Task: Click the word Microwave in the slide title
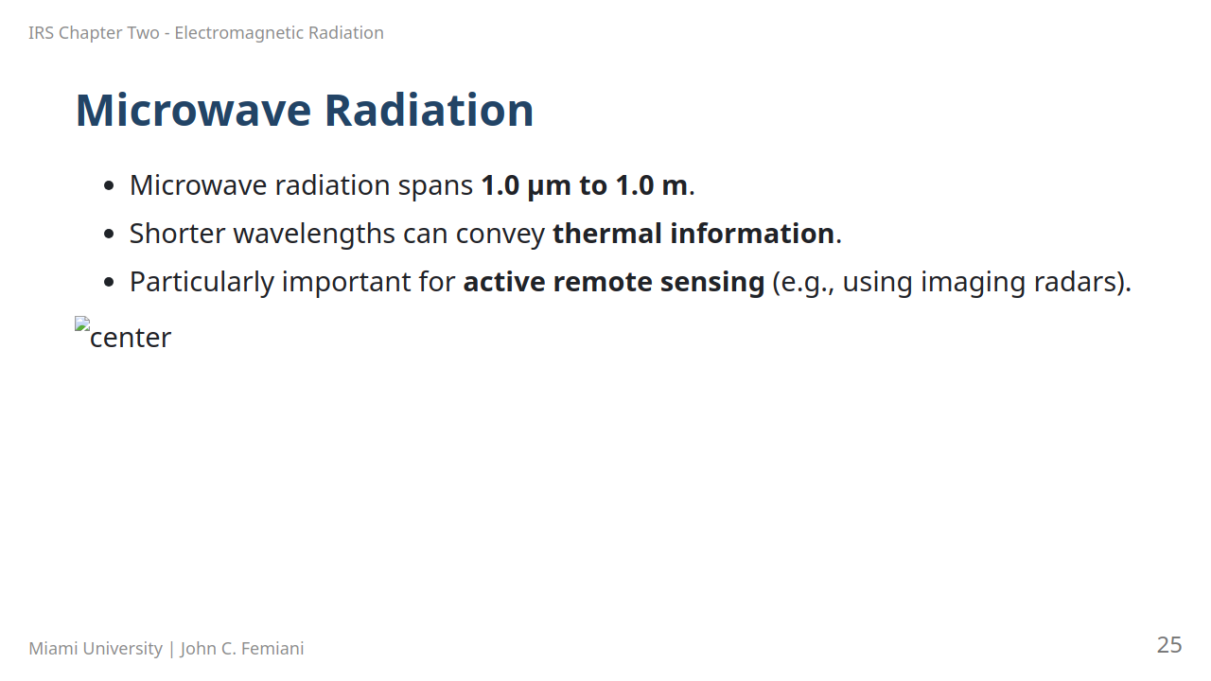[x=194, y=111]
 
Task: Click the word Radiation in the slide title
[x=429, y=111]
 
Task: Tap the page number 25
[x=1169, y=645]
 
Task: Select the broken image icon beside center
[x=82, y=323]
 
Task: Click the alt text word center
[x=131, y=339]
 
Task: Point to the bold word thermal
[x=607, y=234]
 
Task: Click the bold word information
[x=752, y=234]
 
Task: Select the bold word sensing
[x=712, y=283]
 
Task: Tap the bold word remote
[x=603, y=282]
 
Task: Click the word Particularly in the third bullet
[x=202, y=283]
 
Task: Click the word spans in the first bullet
[x=436, y=187]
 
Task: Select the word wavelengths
[x=314, y=235]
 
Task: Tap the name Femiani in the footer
[x=272, y=648]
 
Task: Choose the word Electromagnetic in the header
[x=239, y=33]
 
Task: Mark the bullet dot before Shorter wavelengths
[x=109, y=235]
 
